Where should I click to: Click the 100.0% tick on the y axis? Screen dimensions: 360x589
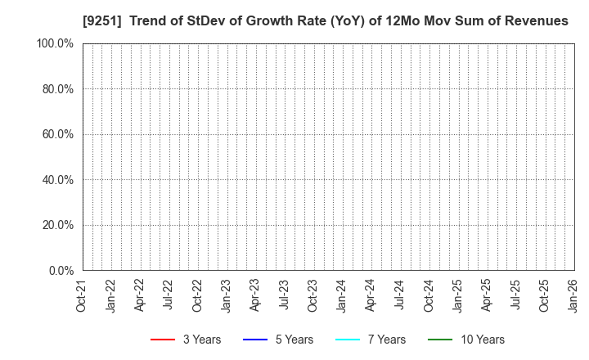tap(55, 43)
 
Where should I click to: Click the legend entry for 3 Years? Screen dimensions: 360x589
tap(185, 340)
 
